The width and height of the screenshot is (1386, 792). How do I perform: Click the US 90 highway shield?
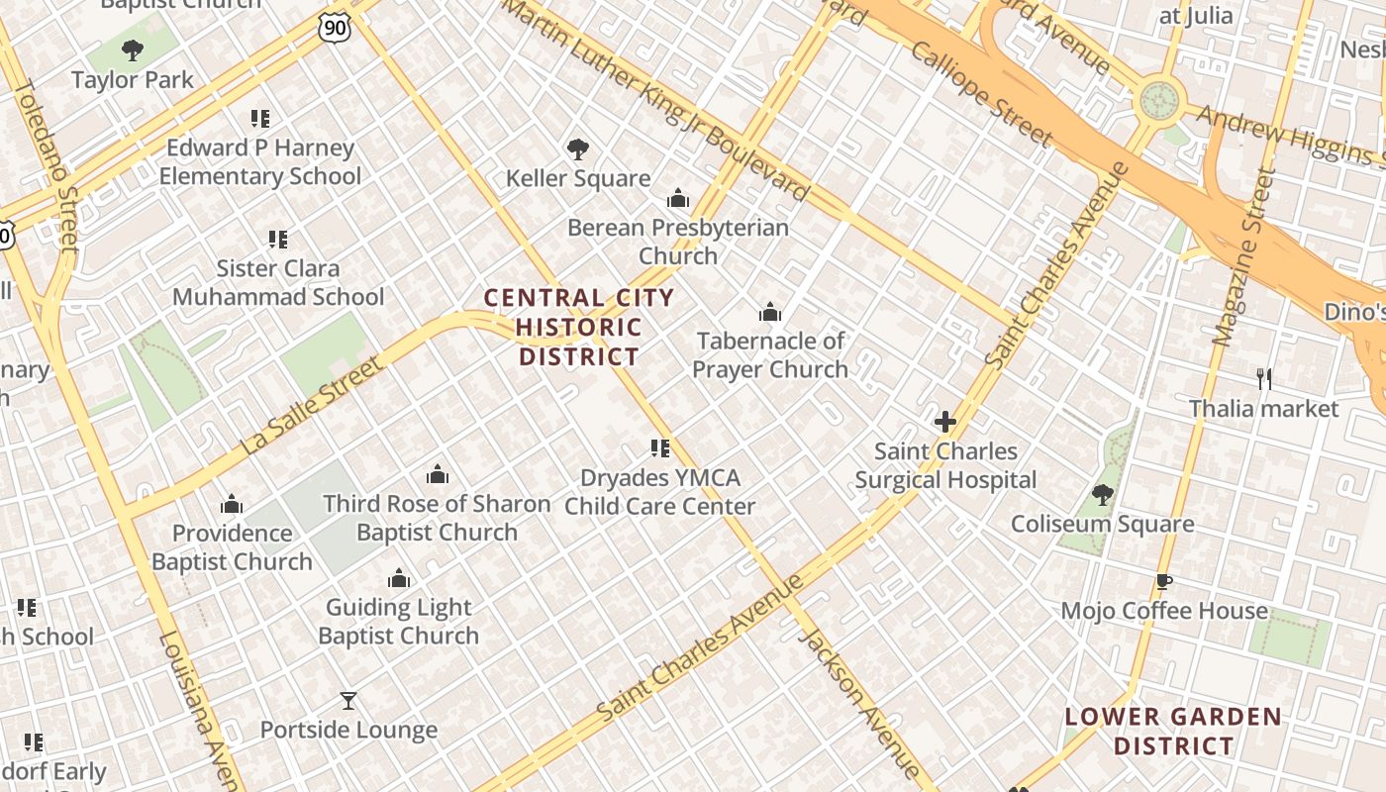click(336, 29)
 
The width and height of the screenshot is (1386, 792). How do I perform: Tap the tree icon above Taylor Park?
click(132, 50)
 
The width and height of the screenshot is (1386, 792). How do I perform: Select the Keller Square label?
click(578, 178)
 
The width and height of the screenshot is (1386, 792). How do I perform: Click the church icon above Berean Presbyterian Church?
click(678, 199)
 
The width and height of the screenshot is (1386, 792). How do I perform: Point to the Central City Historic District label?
click(579, 327)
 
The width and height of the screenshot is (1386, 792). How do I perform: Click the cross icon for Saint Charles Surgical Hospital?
click(945, 423)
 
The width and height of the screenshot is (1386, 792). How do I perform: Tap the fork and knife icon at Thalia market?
click(1263, 379)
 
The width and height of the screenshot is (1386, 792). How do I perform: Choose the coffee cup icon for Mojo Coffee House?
click(1163, 582)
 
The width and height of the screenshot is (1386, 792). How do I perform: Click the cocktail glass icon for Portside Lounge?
click(348, 701)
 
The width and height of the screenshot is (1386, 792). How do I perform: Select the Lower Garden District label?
click(1173, 731)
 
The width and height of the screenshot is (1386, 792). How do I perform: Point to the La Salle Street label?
click(311, 407)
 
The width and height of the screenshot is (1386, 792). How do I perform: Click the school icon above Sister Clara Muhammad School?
click(278, 240)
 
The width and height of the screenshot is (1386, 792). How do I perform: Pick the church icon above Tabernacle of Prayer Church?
click(770, 314)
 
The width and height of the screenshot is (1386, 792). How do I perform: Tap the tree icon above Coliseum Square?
click(1102, 495)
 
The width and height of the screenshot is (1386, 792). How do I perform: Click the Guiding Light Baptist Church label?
click(399, 622)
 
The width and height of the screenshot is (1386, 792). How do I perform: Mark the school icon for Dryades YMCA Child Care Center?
click(660, 448)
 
